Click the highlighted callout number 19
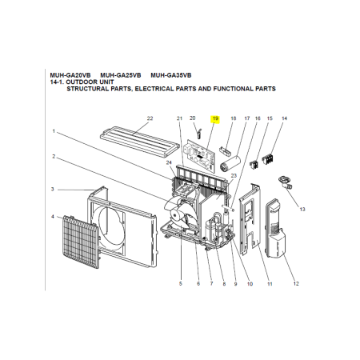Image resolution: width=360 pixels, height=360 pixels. click(x=215, y=118)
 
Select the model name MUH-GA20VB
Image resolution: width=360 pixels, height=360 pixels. click(x=70, y=75)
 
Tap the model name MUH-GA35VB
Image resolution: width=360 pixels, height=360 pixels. click(x=171, y=75)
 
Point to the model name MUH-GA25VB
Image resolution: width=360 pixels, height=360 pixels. click(x=121, y=75)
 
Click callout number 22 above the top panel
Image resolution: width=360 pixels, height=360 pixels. click(x=150, y=118)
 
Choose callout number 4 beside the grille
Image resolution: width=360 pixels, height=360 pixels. click(x=53, y=217)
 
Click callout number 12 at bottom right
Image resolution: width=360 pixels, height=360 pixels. click(x=296, y=284)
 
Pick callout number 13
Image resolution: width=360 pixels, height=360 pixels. click(x=302, y=210)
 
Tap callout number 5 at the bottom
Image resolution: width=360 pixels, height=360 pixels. click(x=181, y=284)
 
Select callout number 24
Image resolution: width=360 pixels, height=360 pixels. click(x=169, y=162)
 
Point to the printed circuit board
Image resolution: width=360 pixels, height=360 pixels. click(x=200, y=155)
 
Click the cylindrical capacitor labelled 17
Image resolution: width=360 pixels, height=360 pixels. click(x=230, y=163)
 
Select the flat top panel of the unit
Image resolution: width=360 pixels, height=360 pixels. click(x=139, y=142)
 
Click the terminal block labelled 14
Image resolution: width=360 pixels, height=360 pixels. click(x=268, y=159)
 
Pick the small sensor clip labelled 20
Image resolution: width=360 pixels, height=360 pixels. click(x=199, y=134)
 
